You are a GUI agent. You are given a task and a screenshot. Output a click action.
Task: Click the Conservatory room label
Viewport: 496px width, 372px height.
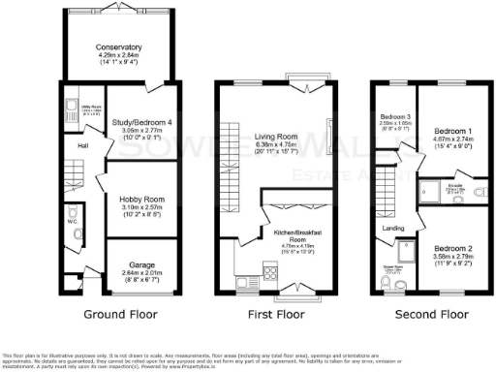click(119, 46)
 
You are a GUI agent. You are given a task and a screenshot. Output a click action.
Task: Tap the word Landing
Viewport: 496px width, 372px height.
click(394, 229)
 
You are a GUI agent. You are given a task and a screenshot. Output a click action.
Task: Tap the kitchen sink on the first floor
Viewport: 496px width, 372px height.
click(244, 280)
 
